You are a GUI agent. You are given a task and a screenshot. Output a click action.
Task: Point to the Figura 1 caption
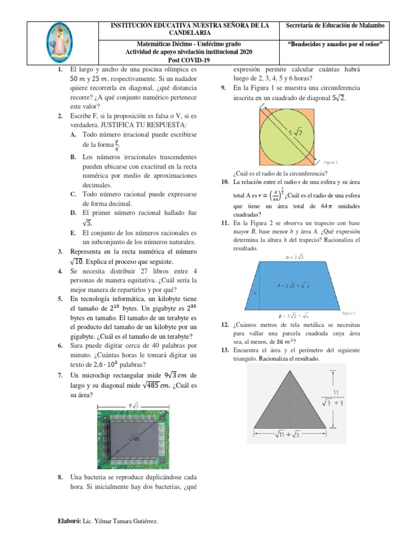tap(331, 162)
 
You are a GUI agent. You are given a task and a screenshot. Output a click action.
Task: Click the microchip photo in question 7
tap(146, 436)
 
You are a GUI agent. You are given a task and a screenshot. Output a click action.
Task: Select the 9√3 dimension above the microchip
tap(133, 405)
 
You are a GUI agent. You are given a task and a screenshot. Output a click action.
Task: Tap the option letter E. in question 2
tap(72, 232)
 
